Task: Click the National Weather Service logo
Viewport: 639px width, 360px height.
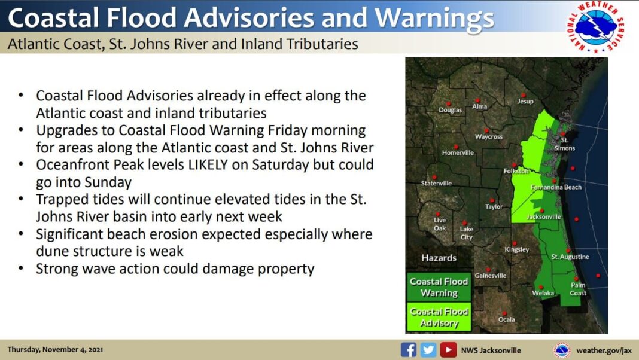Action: point(595,27)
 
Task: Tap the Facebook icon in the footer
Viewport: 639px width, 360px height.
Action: point(408,350)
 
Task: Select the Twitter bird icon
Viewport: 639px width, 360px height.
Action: point(428,350)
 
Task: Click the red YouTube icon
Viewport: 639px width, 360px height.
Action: point(448,350)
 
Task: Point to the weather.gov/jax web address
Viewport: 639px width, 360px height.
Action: point(604,350)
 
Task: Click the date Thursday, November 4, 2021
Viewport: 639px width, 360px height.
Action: point(55,349)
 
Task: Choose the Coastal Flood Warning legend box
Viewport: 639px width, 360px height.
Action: point(439,287)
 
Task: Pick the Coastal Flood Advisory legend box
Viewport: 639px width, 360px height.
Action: point(439,317)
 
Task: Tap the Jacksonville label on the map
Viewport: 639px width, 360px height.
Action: point(544,216)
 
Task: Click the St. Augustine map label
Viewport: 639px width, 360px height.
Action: point(570,257)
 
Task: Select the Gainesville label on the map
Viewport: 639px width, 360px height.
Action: point(490,276)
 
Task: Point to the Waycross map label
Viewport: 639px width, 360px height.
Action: point(489,137)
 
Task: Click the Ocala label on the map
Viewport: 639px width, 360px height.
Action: point(507,319)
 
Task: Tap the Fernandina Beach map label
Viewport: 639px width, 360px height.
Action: point(556,187)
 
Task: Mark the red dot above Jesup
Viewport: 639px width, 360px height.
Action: point(524,95)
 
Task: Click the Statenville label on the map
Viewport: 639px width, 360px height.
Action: point(436,183)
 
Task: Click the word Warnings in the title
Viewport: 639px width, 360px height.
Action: point(434,19)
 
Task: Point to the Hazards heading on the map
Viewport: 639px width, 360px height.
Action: point(439,258)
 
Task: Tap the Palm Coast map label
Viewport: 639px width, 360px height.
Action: point(578,289)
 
